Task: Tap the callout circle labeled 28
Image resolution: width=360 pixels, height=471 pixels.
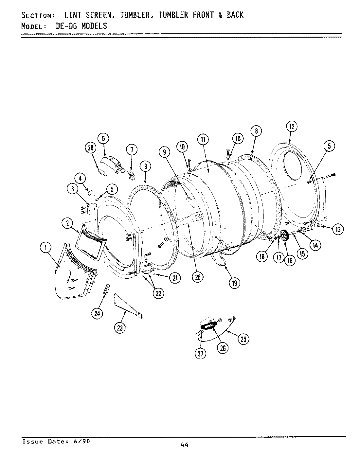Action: tap(91, 148)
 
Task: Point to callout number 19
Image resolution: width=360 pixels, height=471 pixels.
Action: tap(234, 283)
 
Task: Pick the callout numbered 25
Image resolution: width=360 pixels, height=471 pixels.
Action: tap(243, 339)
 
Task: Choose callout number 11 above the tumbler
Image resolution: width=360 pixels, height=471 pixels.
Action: tap(203, 140)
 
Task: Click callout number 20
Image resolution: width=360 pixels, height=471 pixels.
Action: tap(197, 277)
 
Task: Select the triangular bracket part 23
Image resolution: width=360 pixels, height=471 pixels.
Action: tap(128, 305)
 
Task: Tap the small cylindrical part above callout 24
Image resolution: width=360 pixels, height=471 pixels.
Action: tap(106, 289)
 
